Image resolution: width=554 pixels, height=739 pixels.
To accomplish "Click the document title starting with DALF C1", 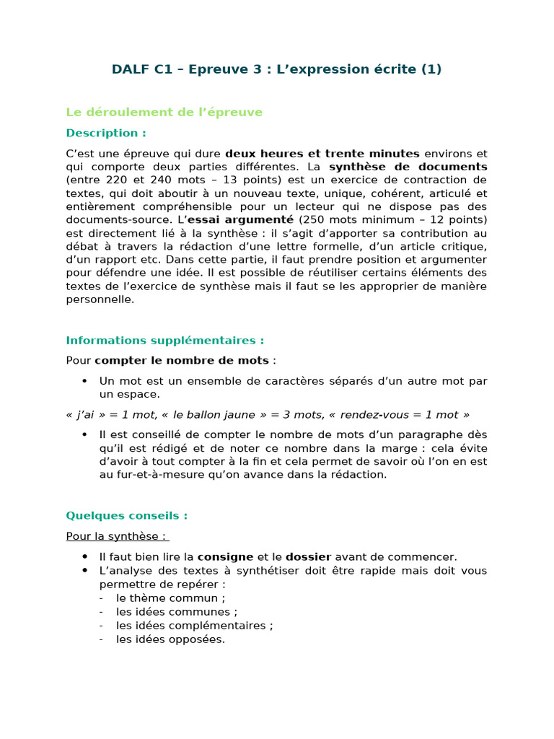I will tap(276, 69).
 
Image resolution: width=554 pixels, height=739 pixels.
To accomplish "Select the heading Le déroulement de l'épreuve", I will tap(164, 112).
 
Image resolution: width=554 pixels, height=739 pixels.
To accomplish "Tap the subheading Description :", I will tap(106, 133).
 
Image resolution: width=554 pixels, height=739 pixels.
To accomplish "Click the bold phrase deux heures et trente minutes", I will tap(322, 154).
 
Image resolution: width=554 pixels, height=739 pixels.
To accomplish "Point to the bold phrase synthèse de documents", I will tap(408, 167).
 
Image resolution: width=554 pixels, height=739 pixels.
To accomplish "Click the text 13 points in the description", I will tap(249, 180).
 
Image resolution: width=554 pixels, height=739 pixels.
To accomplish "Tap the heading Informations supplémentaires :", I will tap(165, 341).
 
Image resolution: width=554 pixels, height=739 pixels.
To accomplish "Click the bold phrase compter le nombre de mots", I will tap(182, 360).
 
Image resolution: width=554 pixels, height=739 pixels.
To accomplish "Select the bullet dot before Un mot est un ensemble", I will tap(84, 381).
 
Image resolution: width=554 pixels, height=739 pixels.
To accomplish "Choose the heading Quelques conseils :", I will tap(127, 516).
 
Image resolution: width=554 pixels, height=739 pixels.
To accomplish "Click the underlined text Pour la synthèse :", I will tap(117, 536).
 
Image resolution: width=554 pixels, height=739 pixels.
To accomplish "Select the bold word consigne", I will tap(225, 557).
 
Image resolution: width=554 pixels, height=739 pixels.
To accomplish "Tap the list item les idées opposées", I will tap(170, 639).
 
